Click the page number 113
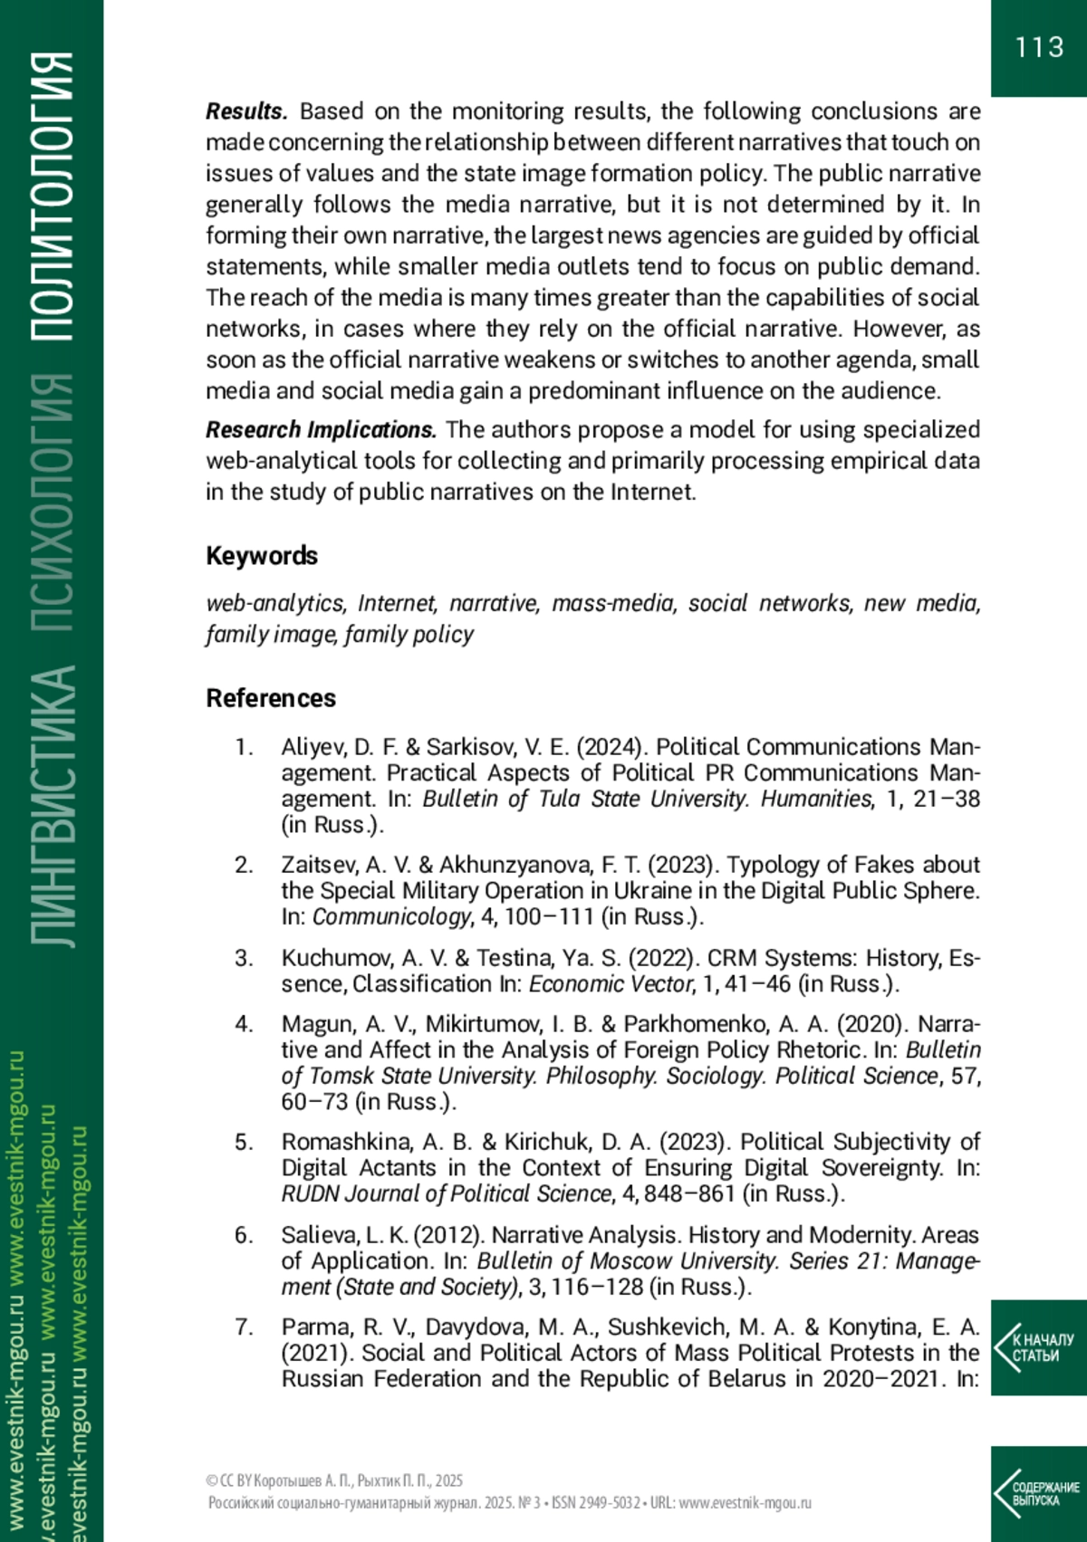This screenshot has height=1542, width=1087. [1039, 47]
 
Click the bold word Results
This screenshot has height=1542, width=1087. [246, 111]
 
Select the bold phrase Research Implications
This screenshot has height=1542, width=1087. [321, 429]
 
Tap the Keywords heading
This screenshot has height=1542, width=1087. [262, 555]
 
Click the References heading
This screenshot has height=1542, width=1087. [271, 698]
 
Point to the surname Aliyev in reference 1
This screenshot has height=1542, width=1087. [313, 747]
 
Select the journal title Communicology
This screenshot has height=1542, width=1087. [392, 916]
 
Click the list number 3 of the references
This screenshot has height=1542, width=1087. [243, 958]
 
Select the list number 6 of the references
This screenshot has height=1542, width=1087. [243, 1235]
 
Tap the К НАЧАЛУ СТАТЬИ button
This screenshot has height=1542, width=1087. [1039, 1347]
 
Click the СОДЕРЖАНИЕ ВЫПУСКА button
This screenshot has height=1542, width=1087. [1039, 1494]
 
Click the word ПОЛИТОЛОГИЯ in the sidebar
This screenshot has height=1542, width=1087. [52, 195]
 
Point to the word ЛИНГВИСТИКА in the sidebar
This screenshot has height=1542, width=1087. [52, 806]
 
